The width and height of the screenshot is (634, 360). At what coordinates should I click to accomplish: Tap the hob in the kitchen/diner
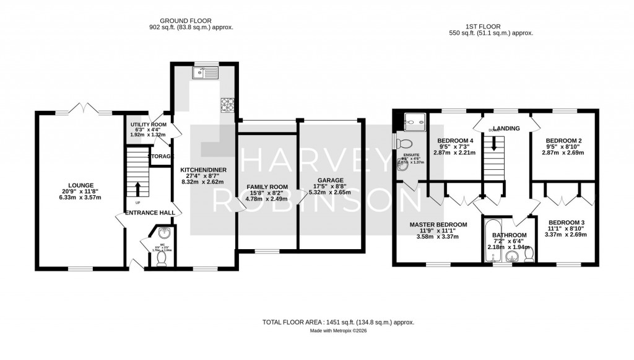[227, 106]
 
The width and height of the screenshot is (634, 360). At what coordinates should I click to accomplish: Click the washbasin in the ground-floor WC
[163, 234]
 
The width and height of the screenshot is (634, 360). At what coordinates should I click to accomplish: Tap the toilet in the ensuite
[399, 142]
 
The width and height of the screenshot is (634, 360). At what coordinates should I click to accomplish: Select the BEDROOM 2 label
[563, 140]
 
